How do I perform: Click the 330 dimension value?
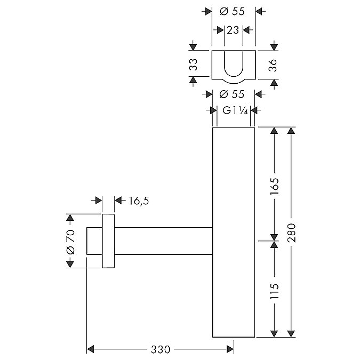161,349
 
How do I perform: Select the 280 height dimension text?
291,233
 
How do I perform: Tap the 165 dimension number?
274,186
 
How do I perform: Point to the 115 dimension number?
274,291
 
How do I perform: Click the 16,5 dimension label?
139,201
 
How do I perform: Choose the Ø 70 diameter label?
70,242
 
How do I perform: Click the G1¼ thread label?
235,111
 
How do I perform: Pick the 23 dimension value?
233,30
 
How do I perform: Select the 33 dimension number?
193,65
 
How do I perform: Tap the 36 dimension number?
273,65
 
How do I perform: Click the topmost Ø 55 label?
233,11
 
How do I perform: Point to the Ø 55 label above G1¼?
232,94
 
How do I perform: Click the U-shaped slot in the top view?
234,63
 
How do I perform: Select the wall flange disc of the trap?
108,241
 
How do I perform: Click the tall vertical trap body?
234,232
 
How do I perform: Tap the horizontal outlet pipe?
164,241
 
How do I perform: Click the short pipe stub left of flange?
94,241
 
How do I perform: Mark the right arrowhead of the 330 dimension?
230,349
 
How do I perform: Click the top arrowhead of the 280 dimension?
291,131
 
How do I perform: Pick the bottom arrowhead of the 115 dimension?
274,334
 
